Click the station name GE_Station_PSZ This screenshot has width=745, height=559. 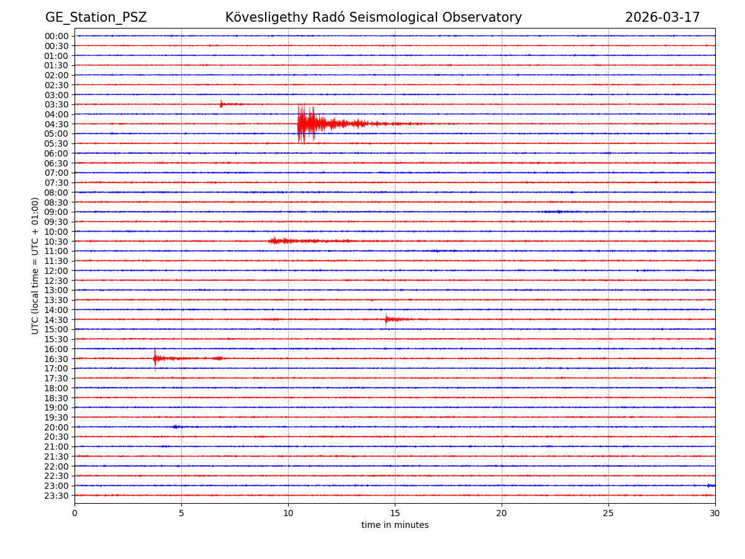tap(96, 17)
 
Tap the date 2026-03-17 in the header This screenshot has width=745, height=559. tap(662, 17)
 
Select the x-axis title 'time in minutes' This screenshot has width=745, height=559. tap(395, 525)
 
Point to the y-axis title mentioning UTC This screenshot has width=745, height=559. tap(35, 265)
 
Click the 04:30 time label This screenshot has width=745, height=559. tap(56, 124)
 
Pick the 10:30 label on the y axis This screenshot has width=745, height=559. tap(56, 242)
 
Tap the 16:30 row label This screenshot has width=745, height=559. tap(56, 359)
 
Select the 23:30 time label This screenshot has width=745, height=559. tap(56, 496)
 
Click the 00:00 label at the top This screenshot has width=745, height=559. tap(56, 36)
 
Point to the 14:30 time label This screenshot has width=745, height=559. tap(56, 320)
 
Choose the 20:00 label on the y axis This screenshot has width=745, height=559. tap(56, 427)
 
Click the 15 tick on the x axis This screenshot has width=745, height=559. tap(395, 513)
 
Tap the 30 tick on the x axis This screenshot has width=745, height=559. tap(715, 513)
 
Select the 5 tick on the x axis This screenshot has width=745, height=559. tap(181, 513)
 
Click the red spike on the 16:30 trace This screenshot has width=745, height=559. tap(155, 358)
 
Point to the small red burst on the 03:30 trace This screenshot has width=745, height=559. tap(221, 104)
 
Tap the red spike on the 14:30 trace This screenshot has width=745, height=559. tap(386, 319)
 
